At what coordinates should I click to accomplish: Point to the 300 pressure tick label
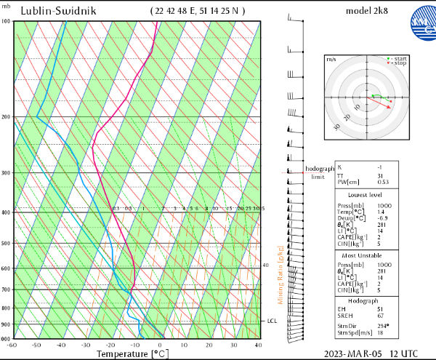(7, 173)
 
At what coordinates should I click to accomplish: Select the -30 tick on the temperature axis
(86, 345)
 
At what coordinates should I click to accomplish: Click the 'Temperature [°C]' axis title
(132, 354)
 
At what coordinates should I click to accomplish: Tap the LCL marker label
(272, 321)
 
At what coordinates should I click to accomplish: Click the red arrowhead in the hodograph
(391, 107)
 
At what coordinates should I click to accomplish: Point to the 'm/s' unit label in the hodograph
(331, 58)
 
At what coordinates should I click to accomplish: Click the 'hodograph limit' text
(318, 172)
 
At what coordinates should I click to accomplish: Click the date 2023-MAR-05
(350, 353)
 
